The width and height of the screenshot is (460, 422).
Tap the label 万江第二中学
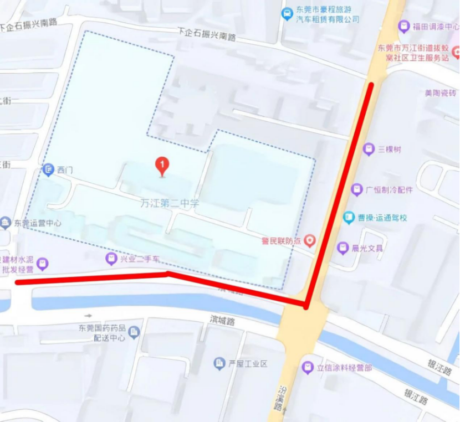pyautogui.click(x=169, y=203)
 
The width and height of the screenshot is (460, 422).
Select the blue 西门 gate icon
pyautogui.click(x=49, y=169)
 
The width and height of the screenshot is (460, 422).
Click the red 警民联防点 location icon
pyautogui.click(x=310, y=240)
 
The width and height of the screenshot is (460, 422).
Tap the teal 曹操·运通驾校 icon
pyautogui.click(x=349, y=218)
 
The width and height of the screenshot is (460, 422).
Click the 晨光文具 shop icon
pyautogui.click(x=343, y=248)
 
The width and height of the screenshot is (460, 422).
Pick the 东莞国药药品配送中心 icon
pyautogui.click(x=134, y=332)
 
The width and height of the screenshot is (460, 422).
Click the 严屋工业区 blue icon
pyautogui.click(x=219, y=364)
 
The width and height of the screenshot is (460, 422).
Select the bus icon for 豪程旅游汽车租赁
pyautogui.click(x=287, y=14)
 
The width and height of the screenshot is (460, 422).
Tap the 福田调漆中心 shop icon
pyautogui.click(x=404, y=26)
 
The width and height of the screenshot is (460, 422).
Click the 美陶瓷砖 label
pyautogui.click(x=440, y=93)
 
